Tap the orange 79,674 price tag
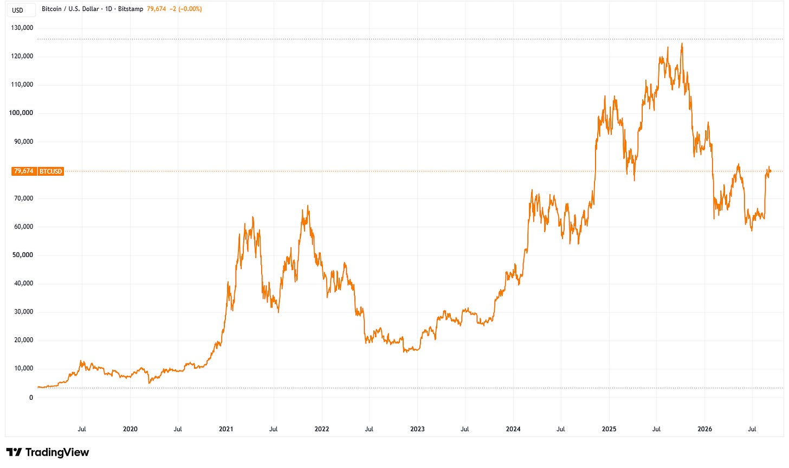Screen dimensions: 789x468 [24, 171]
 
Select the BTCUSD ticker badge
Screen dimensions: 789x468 [51, 171]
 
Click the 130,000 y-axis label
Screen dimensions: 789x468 [22, 28]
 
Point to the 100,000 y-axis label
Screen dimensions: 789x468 [21, 113]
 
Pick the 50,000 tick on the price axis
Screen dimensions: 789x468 [23, 255]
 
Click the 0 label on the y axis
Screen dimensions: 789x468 [31, 398]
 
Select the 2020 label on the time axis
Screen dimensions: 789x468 [130, 429]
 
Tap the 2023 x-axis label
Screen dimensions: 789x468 [417, 429]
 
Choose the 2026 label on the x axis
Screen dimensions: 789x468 [705, 429]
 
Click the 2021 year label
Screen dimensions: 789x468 [226, 429]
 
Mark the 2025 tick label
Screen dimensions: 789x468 [609, 429]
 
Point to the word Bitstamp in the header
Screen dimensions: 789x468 [131, 9]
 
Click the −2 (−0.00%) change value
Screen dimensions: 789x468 [186, 9]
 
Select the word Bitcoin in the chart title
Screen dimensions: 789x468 [51, 9]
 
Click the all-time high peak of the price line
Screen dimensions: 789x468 [682, 44]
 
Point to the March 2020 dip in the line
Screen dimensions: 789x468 [149, 382]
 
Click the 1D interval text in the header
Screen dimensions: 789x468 [108, 9]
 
